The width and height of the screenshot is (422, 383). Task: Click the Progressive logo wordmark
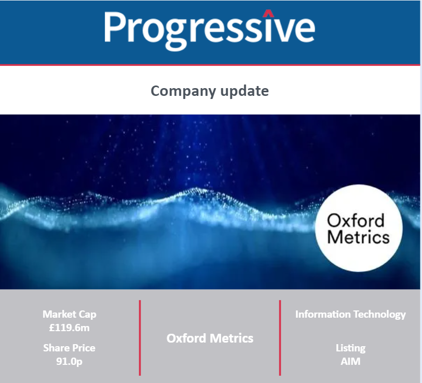pyautogui.click(x=210, y=31)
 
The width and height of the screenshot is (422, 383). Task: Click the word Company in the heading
pyautogui.click(x=183, y=91)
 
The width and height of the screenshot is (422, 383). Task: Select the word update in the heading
pyautogui.click(x=244, y=91)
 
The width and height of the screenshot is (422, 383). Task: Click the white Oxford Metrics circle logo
pyautogui.click(x=359, y=228)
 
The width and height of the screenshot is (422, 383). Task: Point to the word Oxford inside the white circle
pyautogui.click(x=356, y=221)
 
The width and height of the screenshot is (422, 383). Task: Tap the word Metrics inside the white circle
pyautogui.click(x=358, y=237)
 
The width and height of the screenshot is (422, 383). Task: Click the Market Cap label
pyautogui.click(x=70, y=315)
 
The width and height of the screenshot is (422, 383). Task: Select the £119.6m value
pyautogui.click(x=70, y=328)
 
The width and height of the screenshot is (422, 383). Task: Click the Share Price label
pyautogui.click(x=70, y=348)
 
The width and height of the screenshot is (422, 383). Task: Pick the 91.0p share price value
pyautogui.click(x=69, y=362)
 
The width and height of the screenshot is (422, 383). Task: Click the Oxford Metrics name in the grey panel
pyautogui.click(x=210, y=338)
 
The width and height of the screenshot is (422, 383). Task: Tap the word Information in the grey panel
pyautogui.click(x=323, y=314)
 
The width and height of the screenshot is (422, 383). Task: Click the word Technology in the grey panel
pyautogui.click(x=379, y=315)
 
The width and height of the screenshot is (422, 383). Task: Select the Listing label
pyautogui.click(x=350, y=348)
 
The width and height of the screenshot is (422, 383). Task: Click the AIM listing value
pyautogui.click(x=350, y=362)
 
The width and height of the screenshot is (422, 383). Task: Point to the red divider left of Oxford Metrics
pyautogui.click(x=140, y=338)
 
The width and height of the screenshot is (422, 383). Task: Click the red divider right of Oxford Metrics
pyautogui.click(x=280, y=338)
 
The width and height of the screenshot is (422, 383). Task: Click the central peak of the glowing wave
pyautogui.click(x=197, y=190)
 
